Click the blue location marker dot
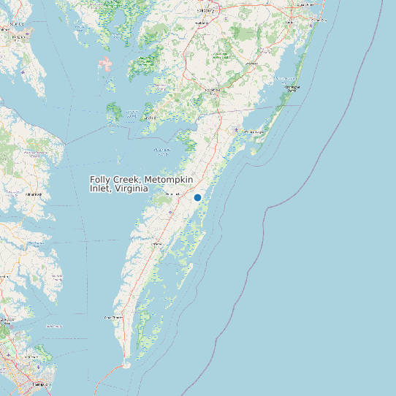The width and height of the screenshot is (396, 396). pos(197,197)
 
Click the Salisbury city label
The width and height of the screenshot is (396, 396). pos(207,12)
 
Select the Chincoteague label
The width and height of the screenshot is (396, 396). pos(256,132)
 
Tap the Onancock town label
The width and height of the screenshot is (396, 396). pos(172,193)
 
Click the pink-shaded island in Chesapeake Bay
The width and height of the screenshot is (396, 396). pos(107,64)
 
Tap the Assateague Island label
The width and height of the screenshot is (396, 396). pos(292,88)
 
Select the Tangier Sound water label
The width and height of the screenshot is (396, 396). pos(162,151)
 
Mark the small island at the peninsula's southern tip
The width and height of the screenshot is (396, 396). pos(126,361)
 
